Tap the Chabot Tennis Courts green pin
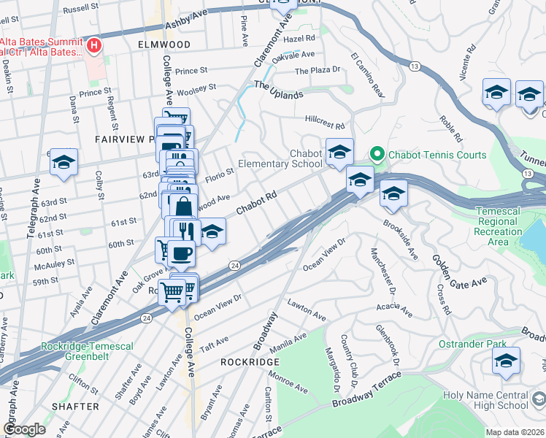pos(377,154)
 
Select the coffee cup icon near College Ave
pos(181,255)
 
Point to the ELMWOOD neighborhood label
pos(164,45)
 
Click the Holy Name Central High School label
pos(485,401)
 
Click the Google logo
pos(24,429)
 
